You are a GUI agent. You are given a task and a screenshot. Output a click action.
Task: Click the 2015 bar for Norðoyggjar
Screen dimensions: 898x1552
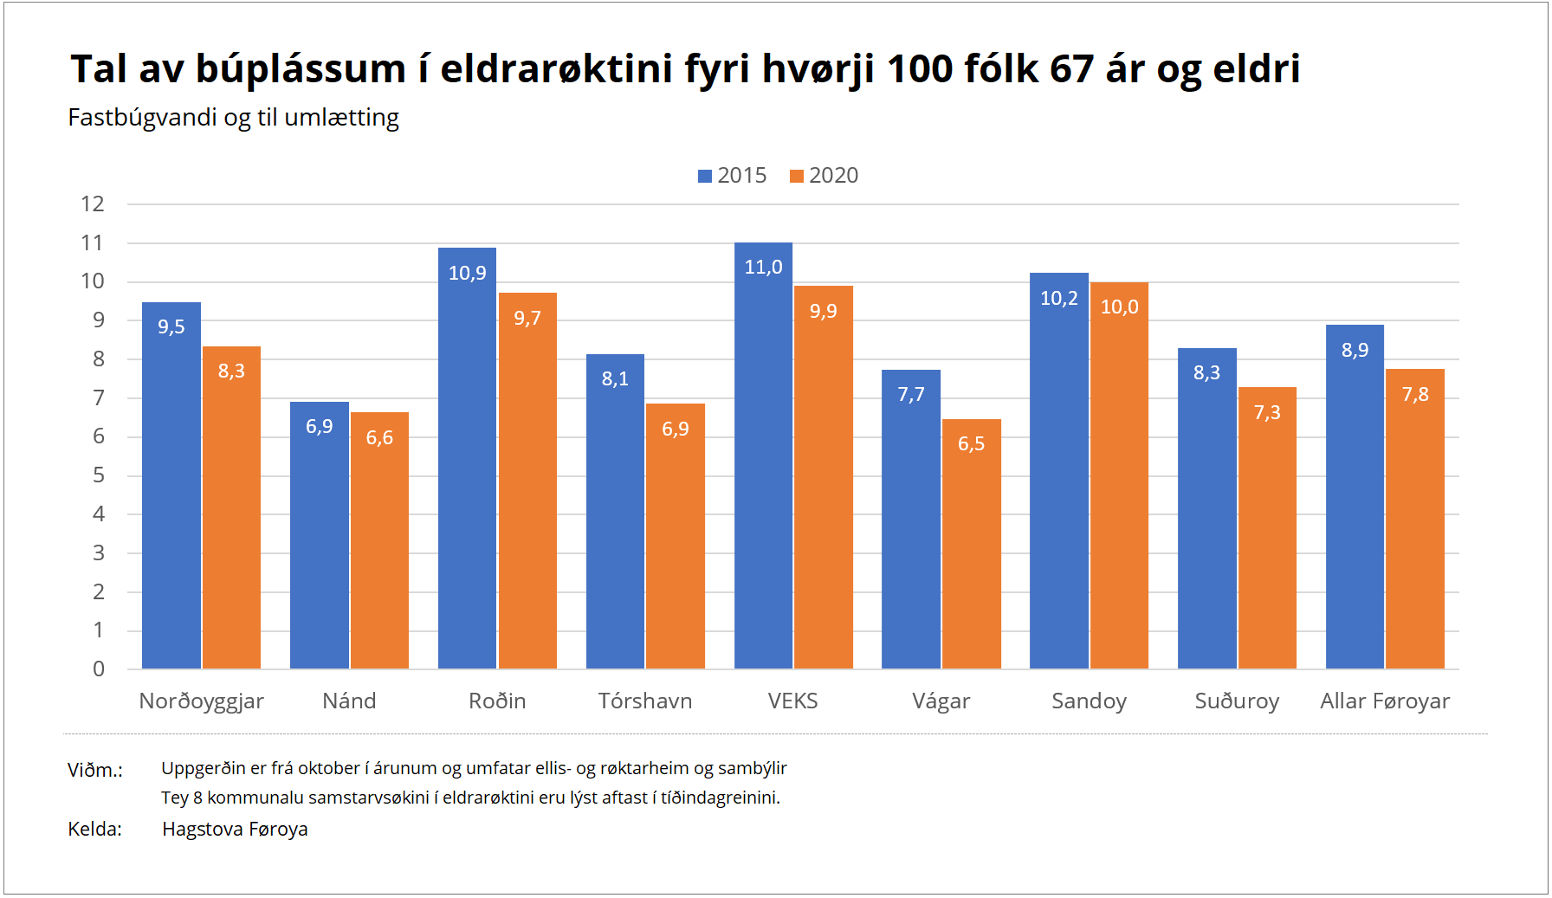(171, 485)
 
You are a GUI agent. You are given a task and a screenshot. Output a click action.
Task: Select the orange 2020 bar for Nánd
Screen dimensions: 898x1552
(379, 540)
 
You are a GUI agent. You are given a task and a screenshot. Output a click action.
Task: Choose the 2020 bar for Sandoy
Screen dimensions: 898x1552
(1119, 475)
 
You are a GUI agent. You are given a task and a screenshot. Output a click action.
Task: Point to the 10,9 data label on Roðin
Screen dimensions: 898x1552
(467, 274)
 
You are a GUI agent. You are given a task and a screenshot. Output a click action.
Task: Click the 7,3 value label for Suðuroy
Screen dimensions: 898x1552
(1267, 413)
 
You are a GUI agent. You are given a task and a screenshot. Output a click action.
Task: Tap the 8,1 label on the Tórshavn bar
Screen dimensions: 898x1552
(615, 379)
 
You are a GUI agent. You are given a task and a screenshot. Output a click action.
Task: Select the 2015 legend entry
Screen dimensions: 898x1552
(733, 176)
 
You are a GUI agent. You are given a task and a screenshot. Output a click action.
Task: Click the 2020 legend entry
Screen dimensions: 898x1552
(824, 176)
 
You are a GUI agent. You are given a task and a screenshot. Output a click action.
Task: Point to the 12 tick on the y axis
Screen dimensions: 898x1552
(93, 204)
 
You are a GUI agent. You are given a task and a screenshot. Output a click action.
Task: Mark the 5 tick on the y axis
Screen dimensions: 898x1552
(99, 475)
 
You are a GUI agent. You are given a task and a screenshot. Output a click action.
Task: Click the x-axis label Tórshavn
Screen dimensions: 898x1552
(645, 701)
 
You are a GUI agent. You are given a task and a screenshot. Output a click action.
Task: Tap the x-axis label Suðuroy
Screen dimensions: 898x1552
(1237, 701)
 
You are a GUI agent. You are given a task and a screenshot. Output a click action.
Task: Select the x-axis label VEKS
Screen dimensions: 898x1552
(792, 701)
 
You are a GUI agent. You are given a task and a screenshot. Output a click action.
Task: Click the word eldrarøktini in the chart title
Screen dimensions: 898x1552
(556, 69)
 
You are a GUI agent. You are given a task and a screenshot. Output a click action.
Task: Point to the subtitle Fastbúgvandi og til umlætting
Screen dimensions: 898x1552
(233, 118)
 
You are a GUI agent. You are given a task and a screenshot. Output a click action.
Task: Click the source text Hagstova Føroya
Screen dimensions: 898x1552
(235, 830)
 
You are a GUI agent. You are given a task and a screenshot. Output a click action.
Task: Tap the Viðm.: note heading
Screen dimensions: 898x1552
(95, 770)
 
